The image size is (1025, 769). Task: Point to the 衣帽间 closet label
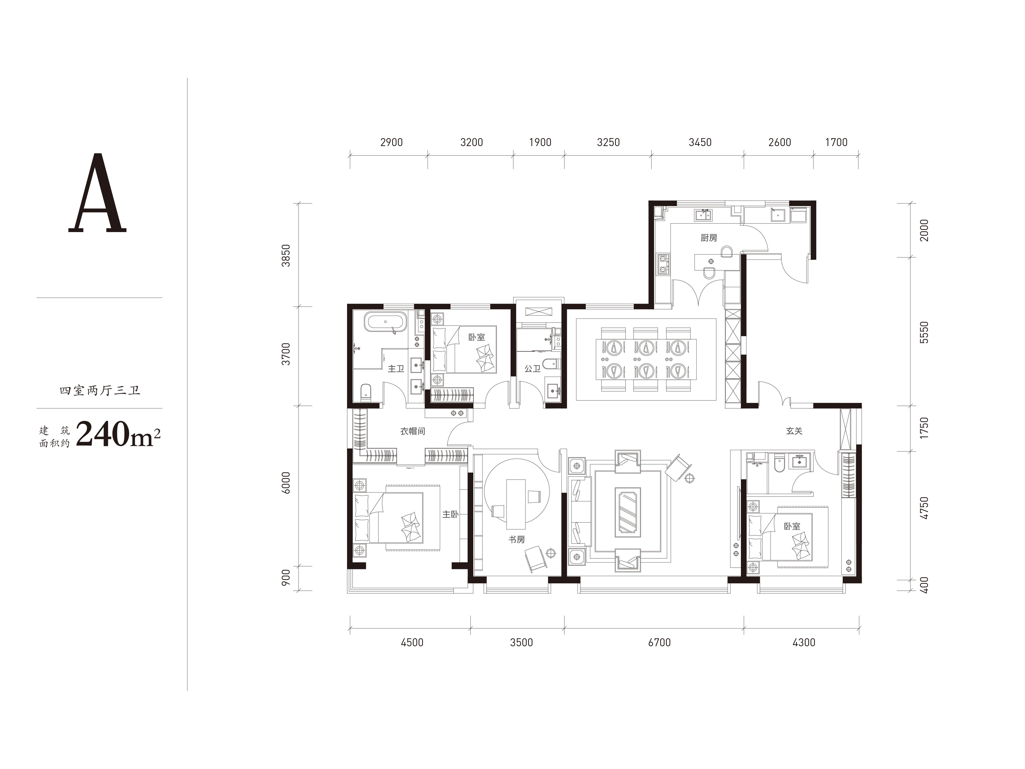click(412, 431)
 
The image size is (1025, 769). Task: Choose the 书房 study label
click(517, 540)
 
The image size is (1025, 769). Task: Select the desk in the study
click(516, 504)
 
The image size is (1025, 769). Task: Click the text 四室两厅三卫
click(100, 391)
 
